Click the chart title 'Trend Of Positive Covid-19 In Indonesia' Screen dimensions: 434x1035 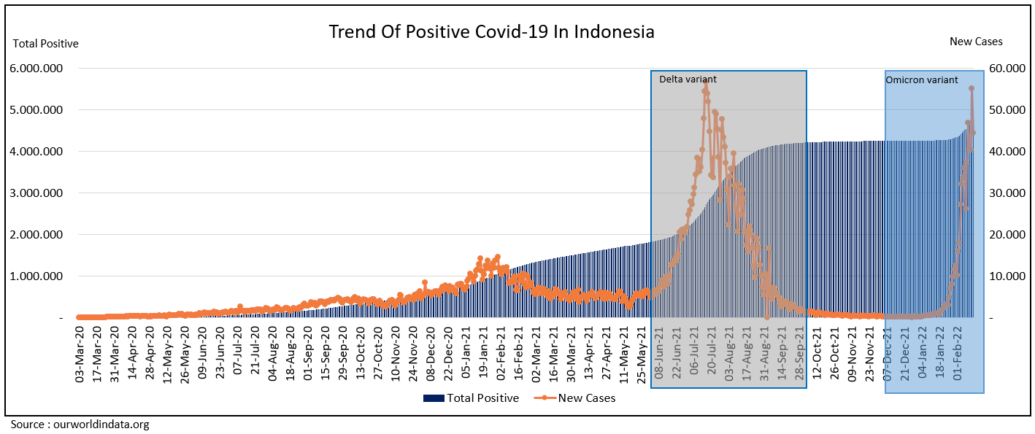491,32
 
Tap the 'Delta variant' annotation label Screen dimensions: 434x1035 688,79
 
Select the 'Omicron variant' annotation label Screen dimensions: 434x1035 921,80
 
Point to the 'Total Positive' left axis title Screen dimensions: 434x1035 46,44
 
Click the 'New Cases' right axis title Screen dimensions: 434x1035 976,42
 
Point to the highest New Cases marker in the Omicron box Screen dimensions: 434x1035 971,88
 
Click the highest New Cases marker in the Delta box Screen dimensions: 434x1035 706,82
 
